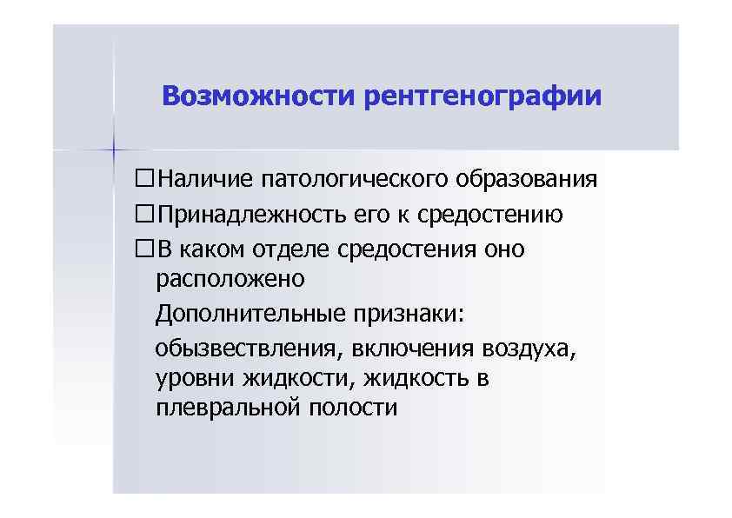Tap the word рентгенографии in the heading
coord(483,95)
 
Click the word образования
coord(525,180)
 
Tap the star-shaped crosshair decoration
coord(113,150)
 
